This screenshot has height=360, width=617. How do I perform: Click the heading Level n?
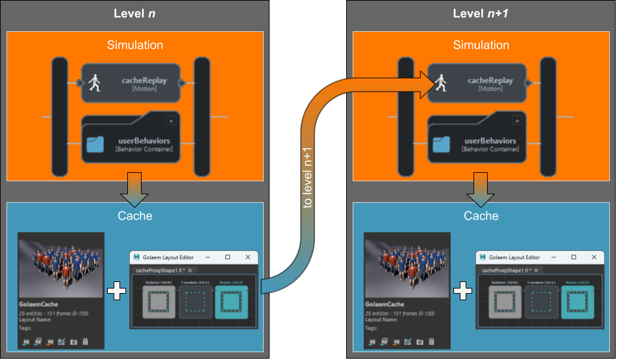[x=134, y=14]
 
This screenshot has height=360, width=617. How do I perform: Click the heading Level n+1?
[x=481, y=14]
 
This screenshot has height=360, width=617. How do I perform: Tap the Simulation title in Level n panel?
[x=135, y=45]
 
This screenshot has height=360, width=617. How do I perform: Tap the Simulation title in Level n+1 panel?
[x=481, y=45]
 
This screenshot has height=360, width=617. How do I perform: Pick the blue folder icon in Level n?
[x=95, y=144]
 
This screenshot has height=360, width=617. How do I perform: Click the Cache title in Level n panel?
[x=135, y=216]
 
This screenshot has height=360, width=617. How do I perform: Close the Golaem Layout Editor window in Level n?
[x=247, y=257]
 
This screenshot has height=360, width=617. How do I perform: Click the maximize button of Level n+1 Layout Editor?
[x=573, y=257]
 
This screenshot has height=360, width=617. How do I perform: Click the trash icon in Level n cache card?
[x=85, y=341]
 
